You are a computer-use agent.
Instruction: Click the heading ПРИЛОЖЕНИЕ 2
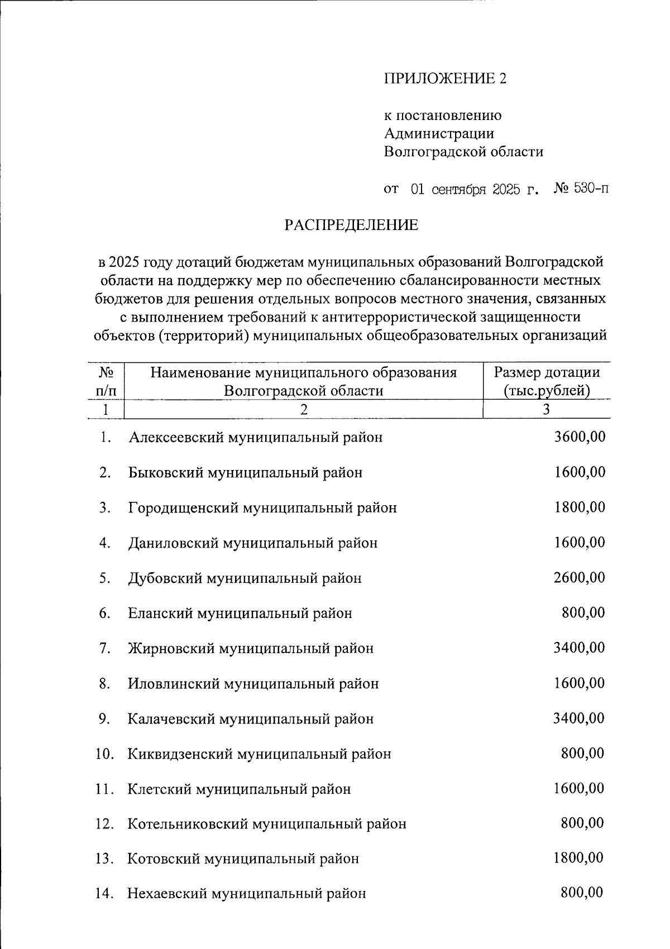click(445, 78)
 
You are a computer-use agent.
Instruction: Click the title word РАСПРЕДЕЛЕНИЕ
click(351, 225)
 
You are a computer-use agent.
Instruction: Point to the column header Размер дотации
click(547, 372)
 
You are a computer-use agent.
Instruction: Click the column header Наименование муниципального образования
click(303, 372)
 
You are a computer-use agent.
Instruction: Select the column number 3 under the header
click(547, 409)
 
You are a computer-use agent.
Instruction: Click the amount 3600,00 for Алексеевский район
click(580, 437)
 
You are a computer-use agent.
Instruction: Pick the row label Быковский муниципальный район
click(245, 473)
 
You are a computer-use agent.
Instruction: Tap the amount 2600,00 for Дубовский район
click(580, 578)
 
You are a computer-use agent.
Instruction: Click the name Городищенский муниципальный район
click(262, 508)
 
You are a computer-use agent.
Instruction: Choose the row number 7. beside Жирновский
click(104, 649)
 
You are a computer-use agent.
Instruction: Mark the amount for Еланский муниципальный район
click(583, 613)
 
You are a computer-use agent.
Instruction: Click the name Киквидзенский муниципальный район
click(259, 754)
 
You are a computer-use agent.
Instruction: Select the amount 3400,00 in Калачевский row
click(579, 718)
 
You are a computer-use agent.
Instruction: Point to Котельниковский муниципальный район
click(267, 824)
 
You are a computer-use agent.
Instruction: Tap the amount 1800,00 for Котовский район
click(578, 858)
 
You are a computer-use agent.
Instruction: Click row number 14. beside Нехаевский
click(105, 894)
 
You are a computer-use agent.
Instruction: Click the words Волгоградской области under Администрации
click(463, 152)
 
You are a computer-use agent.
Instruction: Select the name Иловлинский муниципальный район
click(253, 684)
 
